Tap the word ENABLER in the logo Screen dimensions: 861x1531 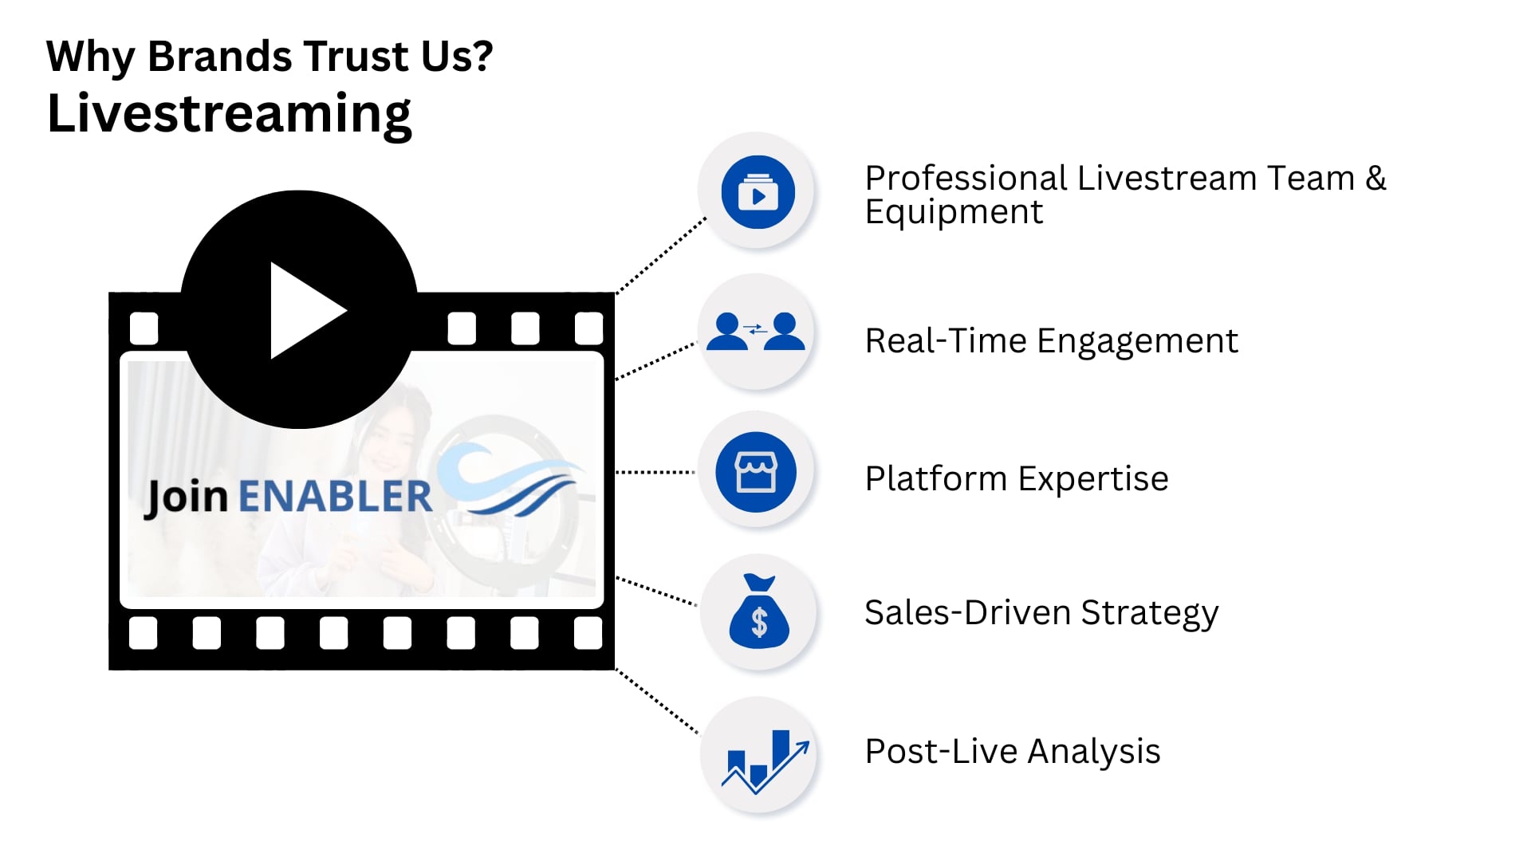(x=335, y=496)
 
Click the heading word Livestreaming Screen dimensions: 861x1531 (x=230, y=114)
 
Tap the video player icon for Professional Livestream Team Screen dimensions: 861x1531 (x=758, y=192)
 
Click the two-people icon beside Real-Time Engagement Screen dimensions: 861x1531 (x=755, y=332)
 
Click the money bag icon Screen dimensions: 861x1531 (x=758, y=611)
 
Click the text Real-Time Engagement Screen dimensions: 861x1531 (x=1051, y=341)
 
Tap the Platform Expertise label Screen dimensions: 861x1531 (x=1016, y=479)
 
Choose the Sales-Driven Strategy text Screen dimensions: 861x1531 (x=1041, y=613)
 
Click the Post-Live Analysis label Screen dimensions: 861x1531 (x=1012, y=752)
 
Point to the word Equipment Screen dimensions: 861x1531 (x=954, y=212)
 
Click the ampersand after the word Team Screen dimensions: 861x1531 (x=1376, y=178)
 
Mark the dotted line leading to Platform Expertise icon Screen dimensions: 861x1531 (x=655, y=472)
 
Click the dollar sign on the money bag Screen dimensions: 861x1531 (x=759, y=622)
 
